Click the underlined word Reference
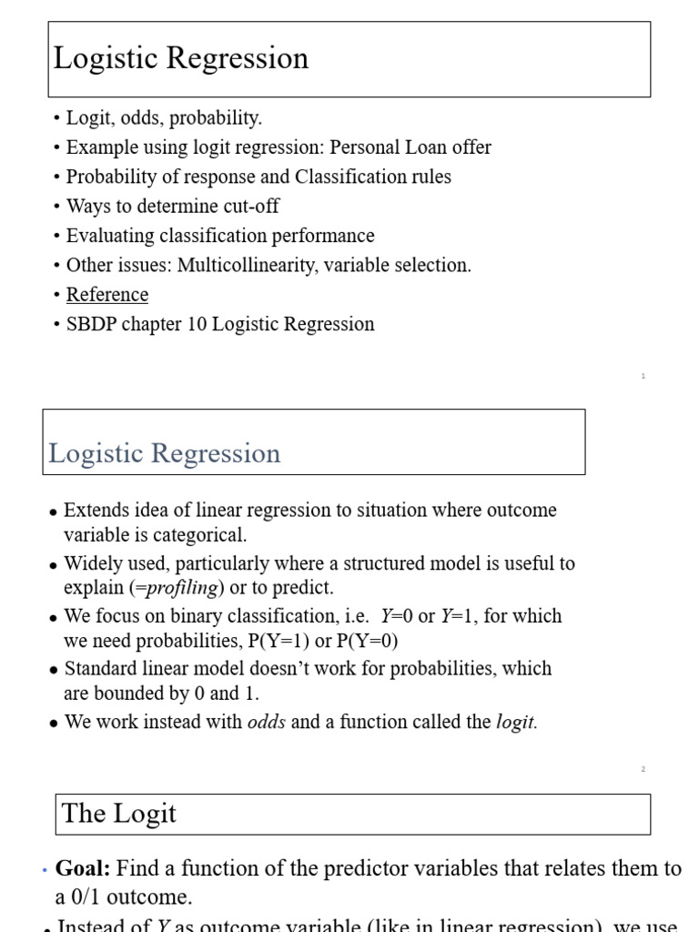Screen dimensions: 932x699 coord(106,295)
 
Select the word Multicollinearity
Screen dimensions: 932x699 coord(250,266)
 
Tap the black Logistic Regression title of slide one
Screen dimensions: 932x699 coord(181,58)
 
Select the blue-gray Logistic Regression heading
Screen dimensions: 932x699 coord(165,453)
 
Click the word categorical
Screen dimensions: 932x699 coord(200,535)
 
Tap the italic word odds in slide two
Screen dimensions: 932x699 coord(267,723)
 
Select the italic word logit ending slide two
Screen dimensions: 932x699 coord(516,723)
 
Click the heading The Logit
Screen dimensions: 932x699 coord(119,814)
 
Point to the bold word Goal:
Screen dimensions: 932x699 coord(84,868)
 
